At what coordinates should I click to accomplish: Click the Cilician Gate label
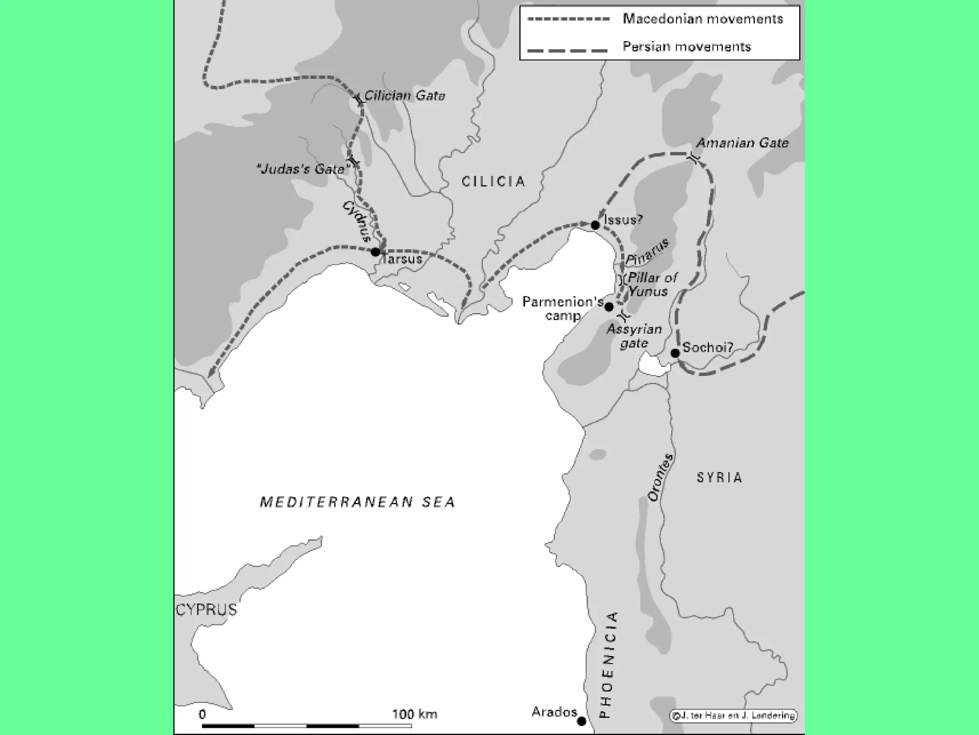[404, 96]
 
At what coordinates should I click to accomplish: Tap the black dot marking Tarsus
[376, 252]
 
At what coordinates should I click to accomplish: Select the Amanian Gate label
[742, 143]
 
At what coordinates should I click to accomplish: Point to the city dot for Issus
[595, 225]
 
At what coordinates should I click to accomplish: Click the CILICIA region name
[493, 181]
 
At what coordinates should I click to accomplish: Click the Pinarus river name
[647, 252]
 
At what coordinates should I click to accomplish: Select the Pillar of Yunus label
[652, 284]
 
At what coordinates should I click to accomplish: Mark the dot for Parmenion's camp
[609, 307]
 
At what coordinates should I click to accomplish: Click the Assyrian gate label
[634, 336]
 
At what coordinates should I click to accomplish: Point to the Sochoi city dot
[675, 353]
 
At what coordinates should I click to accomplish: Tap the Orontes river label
[661, 477]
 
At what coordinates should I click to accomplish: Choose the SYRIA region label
[719, 478]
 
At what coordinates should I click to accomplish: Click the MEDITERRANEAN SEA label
[358, 502]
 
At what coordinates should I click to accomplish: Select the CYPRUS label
[207, 610]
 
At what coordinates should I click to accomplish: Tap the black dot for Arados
[582, 721]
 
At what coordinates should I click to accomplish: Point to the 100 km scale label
[414, 714]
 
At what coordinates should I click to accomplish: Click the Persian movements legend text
[686, 46]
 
